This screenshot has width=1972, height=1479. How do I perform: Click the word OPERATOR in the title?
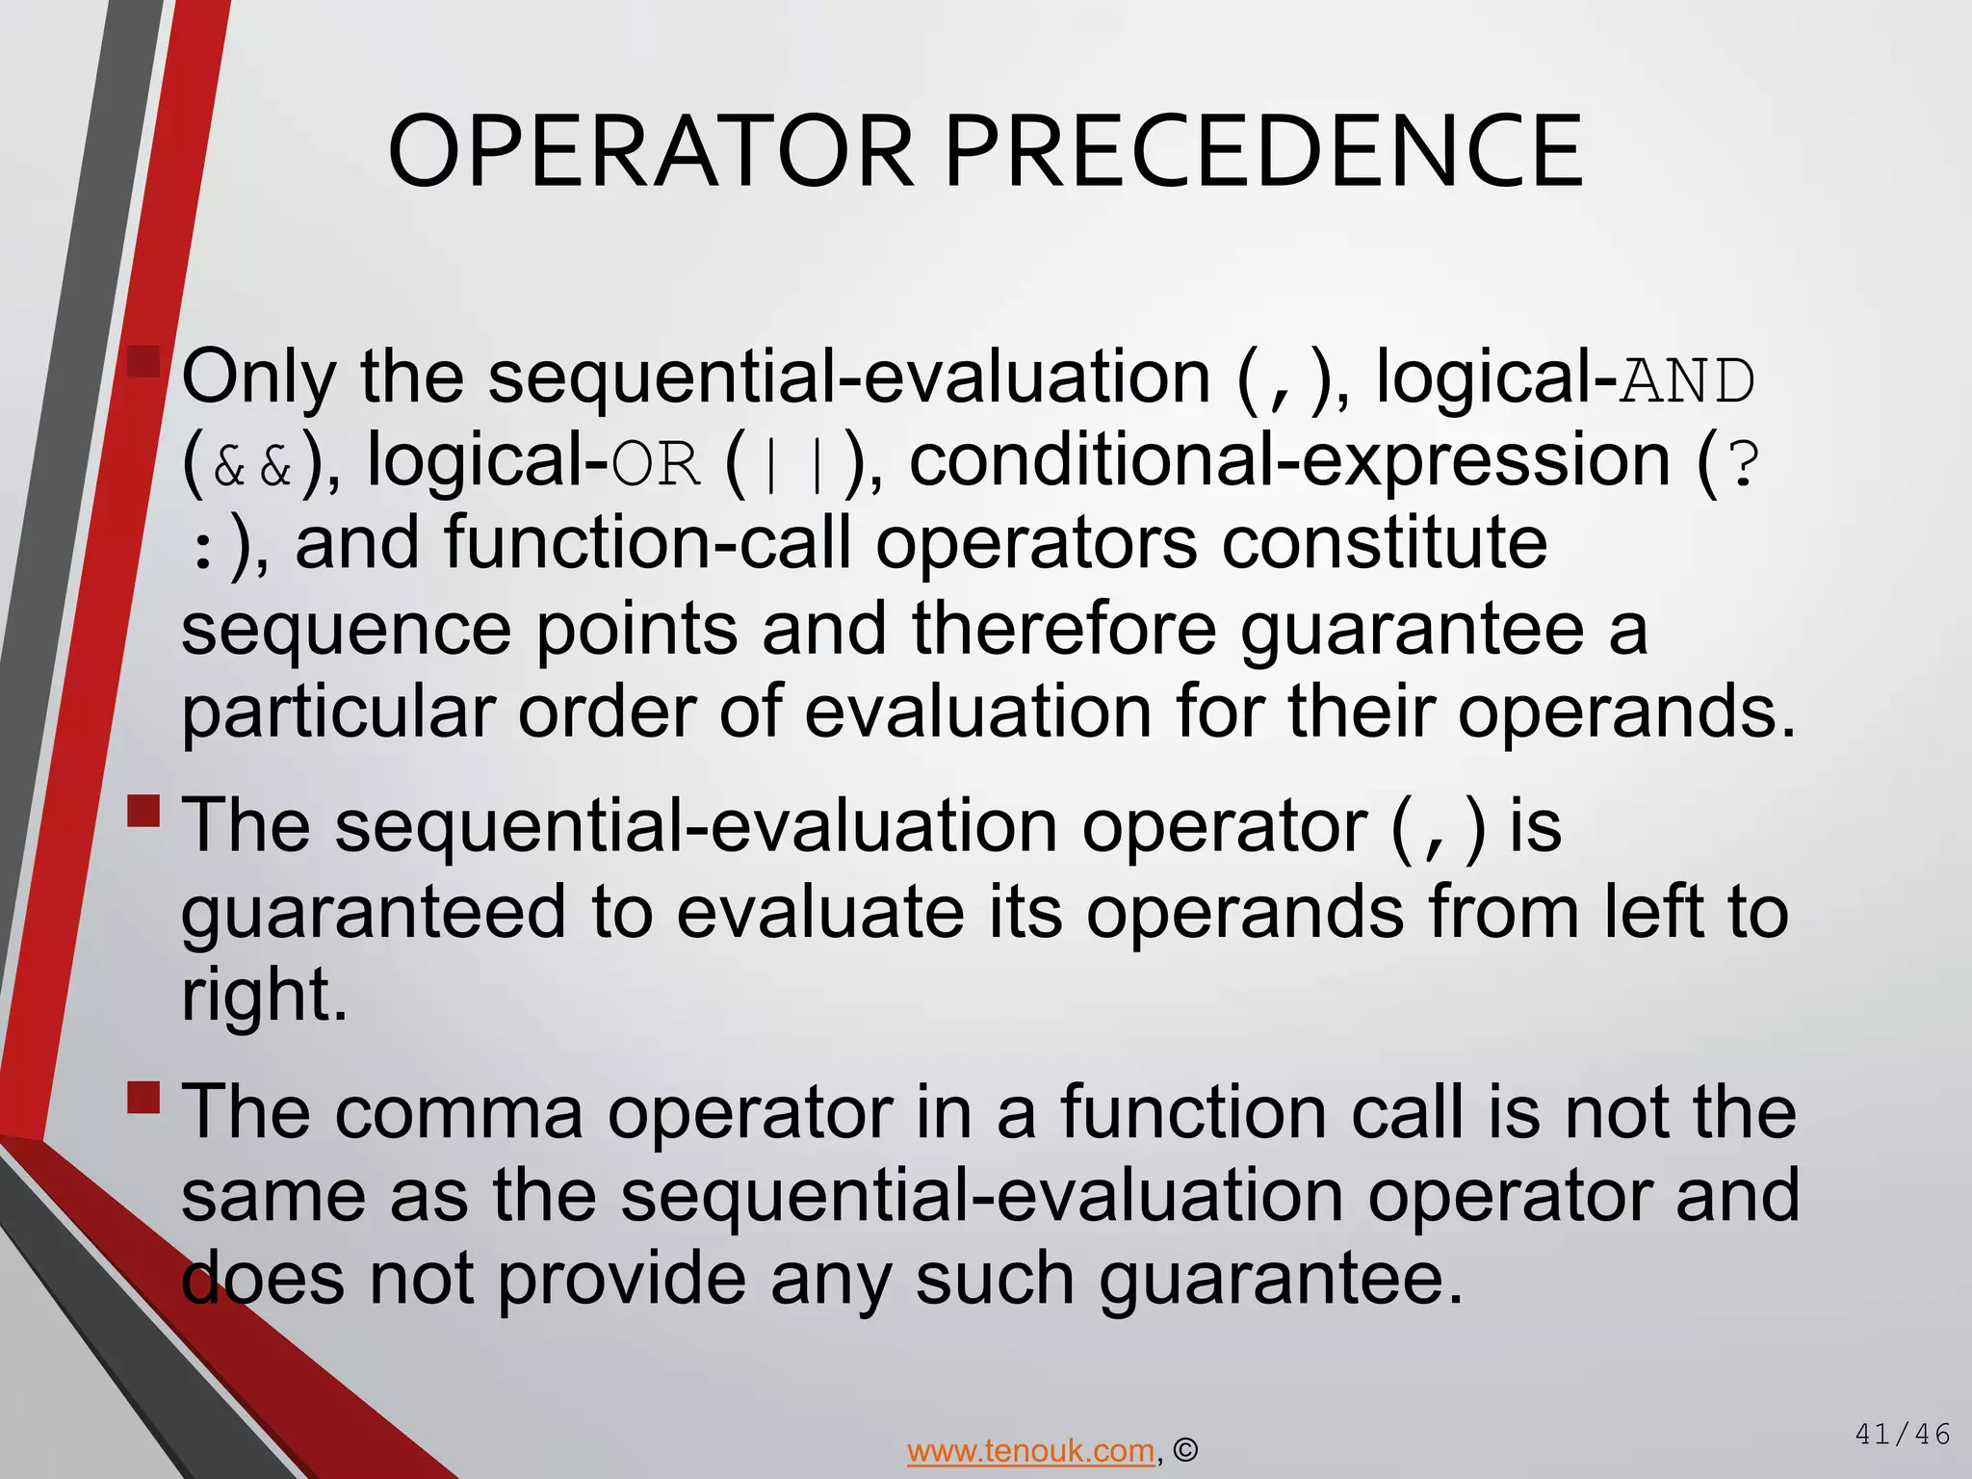[x=650, y=152]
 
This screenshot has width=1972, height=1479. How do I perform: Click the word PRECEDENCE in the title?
[x=1263, y=152]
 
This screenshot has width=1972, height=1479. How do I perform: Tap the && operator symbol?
[x=252, y=466]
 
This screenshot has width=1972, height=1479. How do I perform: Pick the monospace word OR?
[x=656, y=466]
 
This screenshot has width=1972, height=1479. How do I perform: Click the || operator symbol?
[x=792, y=466]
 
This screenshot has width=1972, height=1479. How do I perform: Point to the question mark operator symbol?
[x=1744, y=464]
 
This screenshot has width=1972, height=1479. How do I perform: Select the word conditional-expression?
[x=1289, y=460]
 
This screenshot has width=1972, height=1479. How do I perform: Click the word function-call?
[x=648, y=544]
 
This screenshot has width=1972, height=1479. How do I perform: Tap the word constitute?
[x=1385, y=544]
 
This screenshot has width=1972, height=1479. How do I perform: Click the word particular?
[x=338, y=713]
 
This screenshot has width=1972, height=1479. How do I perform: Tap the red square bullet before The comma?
[x=143, y=1097]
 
